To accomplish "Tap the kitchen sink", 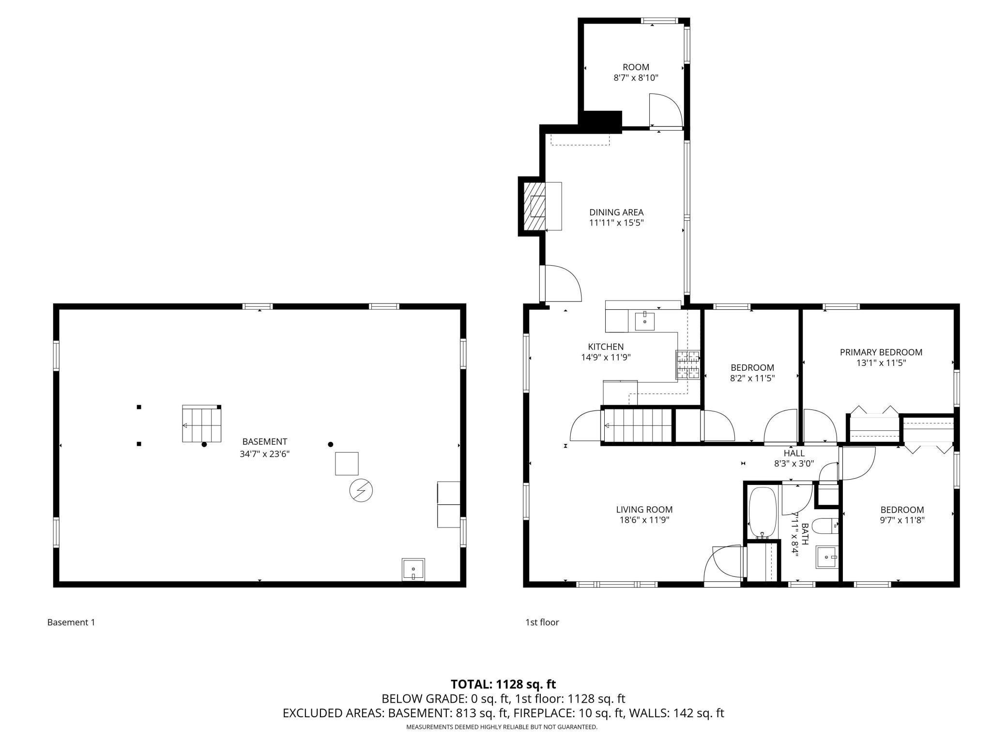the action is (x=644, y=321).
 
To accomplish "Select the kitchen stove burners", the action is (x=688, y=364).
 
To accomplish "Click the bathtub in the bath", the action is (x=763, y=513).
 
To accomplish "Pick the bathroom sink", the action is (x=827, y=557).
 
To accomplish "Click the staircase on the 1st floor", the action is (x=637, y=425).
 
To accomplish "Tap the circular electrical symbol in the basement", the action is (x=361, y=491).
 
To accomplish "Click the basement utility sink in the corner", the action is (x=413, y=569).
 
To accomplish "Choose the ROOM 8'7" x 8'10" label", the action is (x=636, y=73).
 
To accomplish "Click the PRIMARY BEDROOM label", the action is (x=881, y=352).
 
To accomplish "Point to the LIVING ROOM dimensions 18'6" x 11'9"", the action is (x=644, y=520).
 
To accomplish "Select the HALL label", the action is (x=794, y=453).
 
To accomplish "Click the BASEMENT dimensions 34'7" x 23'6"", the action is (x=264, y=454).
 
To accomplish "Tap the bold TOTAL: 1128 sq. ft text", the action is (x=503, y=684).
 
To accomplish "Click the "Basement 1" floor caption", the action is (x=71, y=622).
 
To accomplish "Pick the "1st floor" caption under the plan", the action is (x=542, y=622).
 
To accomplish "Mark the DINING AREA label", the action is (x=616, y=212).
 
